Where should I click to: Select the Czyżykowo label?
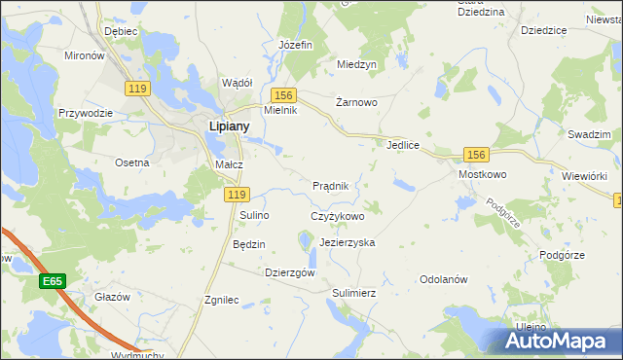click(337, 216)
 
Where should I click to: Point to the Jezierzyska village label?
click(347, 241)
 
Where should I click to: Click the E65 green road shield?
click(53, 281)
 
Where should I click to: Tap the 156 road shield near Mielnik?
click(283, 94)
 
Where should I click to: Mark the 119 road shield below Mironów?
click(137, 89)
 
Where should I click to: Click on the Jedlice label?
click(402, 145)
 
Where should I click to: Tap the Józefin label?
click(295, 46)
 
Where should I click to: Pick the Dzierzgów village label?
click(290, 273)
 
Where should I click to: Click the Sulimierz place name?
click(353, 292)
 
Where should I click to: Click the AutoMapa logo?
click(560, 341)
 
